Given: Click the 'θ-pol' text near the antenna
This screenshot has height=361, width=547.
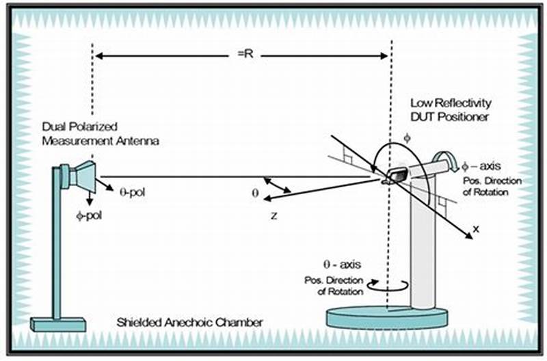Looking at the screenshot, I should (x=129, y=192).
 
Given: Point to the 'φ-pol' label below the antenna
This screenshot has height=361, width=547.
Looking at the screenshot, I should (x=88, y=213).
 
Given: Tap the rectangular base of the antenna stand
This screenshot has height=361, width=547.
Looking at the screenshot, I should (x=58, y=323).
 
